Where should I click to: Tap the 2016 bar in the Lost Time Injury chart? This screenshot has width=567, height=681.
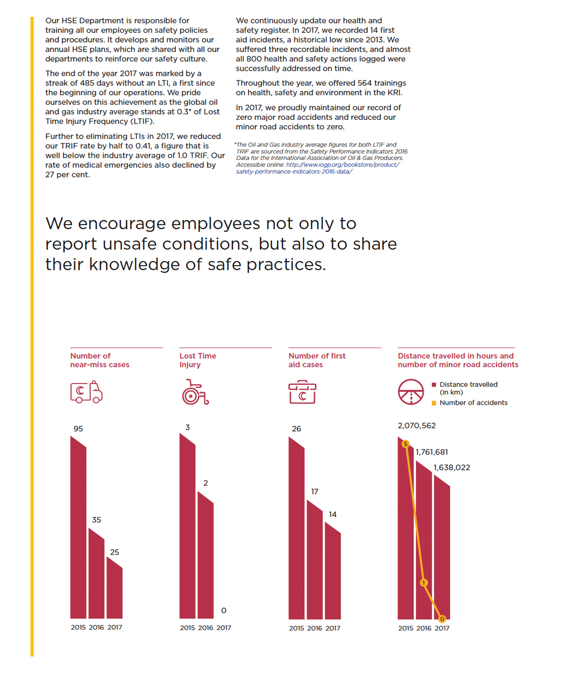[205, 555]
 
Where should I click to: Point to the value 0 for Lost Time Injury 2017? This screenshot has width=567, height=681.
[224, 610]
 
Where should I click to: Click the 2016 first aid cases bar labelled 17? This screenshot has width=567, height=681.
[314, 560]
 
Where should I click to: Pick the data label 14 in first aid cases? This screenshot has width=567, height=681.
[332, 514]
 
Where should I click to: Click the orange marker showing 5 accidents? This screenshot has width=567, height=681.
[406, 444]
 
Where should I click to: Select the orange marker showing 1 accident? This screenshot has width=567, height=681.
[424, 583]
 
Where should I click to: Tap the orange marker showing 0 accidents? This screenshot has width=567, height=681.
[442, 619]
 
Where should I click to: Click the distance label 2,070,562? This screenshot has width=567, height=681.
[416, 426]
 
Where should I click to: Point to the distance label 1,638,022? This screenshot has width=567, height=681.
[452, 467]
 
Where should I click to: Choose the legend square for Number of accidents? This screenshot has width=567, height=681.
[434, 403]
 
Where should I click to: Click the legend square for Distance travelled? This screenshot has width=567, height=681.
[434, 385]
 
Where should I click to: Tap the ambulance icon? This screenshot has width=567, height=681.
[86, 392]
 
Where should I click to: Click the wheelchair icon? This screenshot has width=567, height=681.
[195, 392]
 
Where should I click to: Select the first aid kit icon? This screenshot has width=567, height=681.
[302, 392]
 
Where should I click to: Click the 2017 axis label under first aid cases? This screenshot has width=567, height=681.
[332, 628]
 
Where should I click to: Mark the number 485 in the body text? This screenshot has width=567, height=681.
[87, 83]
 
